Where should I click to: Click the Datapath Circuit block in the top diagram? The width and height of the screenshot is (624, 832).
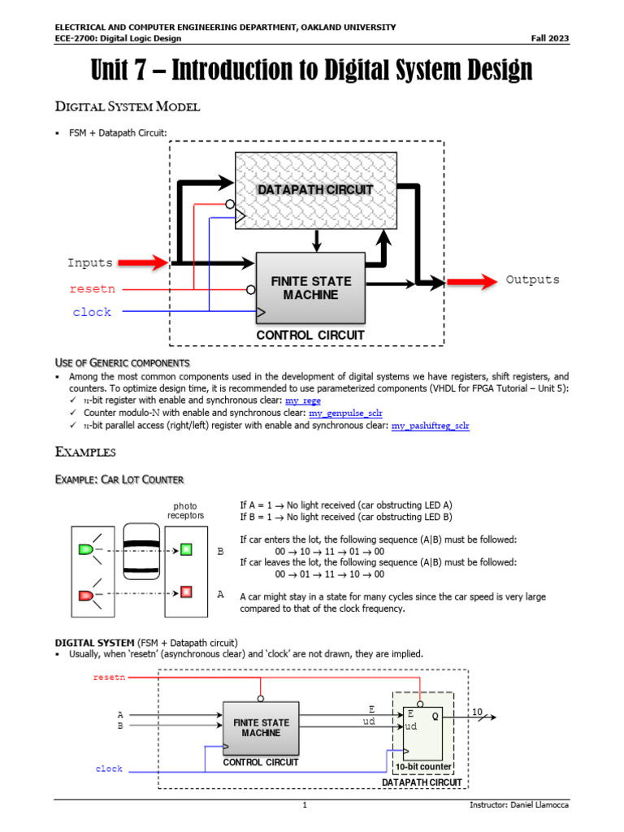[x=315, y=189]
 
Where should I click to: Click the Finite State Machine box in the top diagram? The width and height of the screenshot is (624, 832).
[x=311, y=288]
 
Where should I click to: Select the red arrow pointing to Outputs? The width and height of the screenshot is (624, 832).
[x=471, y=281]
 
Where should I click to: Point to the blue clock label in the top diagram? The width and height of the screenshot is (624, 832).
[x=92, y=312]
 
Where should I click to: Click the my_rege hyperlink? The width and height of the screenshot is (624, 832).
[x=304, y=401]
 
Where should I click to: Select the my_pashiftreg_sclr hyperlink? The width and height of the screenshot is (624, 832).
[x=430, y=426]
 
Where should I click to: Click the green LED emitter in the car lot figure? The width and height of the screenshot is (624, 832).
[x=85, y=550]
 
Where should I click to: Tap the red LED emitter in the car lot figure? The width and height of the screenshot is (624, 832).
[x=85, y=596]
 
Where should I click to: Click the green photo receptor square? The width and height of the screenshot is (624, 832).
[x=186, y=550]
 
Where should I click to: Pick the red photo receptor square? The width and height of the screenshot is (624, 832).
[x=186, y=591]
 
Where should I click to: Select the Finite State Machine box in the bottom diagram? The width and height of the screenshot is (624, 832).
[x=261, y=727]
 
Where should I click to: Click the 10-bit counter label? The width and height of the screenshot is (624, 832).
[x=422, y=767]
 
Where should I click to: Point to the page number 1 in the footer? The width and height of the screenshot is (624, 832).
[x=305, y=805]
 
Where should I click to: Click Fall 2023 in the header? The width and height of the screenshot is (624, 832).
[x=550, y=38]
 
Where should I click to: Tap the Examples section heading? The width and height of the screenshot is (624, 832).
[x=84, y=452]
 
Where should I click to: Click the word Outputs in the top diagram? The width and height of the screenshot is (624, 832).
[x=533, y=279]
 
